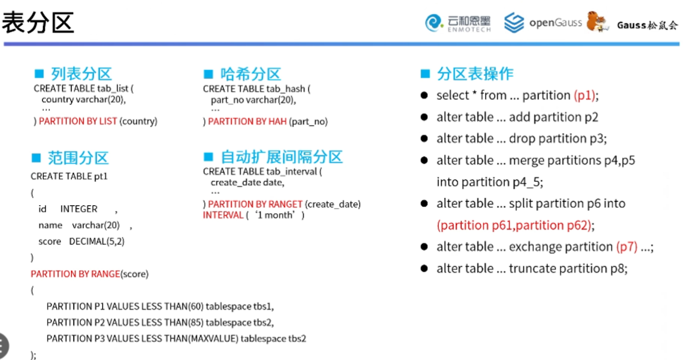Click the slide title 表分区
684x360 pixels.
click(38, 22)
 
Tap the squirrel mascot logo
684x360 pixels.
click(597, 21)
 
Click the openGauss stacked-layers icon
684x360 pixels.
click(514, 22)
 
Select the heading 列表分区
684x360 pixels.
click(81, 74)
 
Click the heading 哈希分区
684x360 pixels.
click(251, 74)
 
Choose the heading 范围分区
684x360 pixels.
click(78, 158)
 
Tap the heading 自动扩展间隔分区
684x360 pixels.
click(281, 157)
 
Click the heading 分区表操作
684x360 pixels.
click(475, 74)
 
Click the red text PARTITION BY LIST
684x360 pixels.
click(78, 121)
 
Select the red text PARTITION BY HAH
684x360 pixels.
click(247, 121)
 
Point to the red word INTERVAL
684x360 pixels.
click(223, 216)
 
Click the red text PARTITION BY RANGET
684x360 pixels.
click(255, 204)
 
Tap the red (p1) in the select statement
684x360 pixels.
click(584, 96)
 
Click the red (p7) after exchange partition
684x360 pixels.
click(627, 247)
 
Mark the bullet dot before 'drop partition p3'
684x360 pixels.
click(424, 138)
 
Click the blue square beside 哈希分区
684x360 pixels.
click(208, 74)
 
